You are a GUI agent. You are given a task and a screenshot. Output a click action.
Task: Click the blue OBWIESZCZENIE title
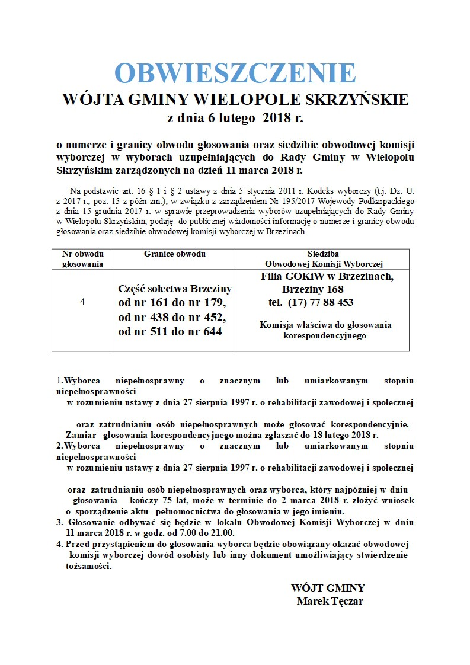[235, 73]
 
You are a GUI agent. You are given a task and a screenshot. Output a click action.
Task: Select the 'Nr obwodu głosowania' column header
[82, 258]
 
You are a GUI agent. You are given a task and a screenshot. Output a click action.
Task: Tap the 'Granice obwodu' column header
[175, 254]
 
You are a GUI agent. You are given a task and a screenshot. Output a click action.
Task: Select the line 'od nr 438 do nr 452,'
[172, 318]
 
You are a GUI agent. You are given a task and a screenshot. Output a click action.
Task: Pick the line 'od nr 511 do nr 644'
[171, 332]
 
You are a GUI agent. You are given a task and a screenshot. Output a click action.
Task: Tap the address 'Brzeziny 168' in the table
[313, 289]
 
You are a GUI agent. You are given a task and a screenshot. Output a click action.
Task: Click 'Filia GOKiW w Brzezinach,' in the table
[327, 276]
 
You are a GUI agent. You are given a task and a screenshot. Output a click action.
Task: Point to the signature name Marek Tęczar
[330, 601]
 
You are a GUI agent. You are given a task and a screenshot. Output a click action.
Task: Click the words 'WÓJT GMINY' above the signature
[328, 588]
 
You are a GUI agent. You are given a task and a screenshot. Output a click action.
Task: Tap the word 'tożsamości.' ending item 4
[88, 565]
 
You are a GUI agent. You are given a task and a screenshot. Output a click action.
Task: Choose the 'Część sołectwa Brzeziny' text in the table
[175, 289]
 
